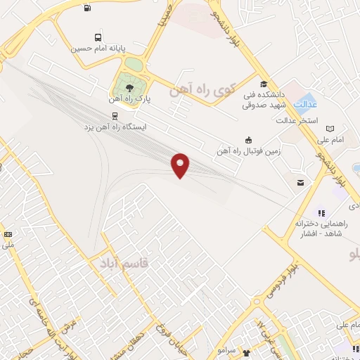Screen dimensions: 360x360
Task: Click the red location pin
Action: tap(181, 165)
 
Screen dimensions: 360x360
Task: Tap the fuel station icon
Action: tap(86, 8)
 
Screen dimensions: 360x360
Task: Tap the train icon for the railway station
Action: tap(114, 117)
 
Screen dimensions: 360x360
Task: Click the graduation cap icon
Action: tap(264, 84)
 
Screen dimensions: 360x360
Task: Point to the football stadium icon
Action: tap(247, 140)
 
